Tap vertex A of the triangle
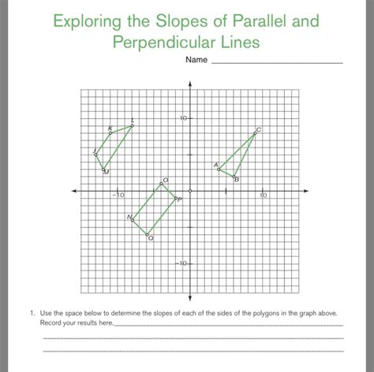(x=219, y=168)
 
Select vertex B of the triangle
(x=233, y=176)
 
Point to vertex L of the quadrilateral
(x=132, y=125)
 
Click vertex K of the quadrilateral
(x=110, y=132)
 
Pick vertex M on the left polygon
(x=103, y=168)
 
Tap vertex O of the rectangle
(x=161, y=183)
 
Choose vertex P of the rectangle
(x=175, y=198)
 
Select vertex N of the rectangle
(x=133, y=218)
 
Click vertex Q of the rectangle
(x=147, y=233)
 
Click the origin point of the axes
(x=189, y=191)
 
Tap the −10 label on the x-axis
(x=117, y=195)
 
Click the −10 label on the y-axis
(x=181, y=263)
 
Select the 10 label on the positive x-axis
(x=263, y=195)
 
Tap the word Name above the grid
(x=196, y=60)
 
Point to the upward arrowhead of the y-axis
(x=189, y=84)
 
